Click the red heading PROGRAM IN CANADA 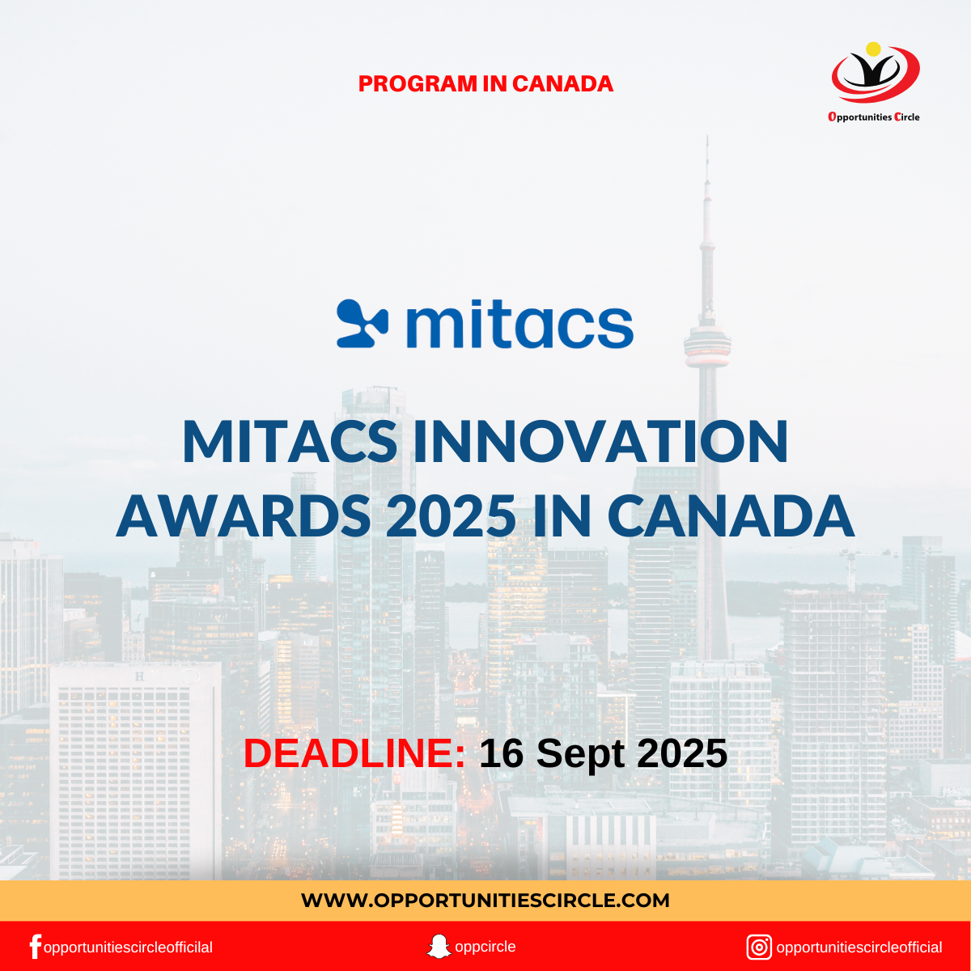click(485, 83)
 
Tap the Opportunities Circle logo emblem click(875, 74)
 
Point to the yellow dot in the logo click(873, 49)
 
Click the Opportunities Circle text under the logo click(874, 117)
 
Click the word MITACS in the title click(290, 442)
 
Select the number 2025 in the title click(452, 515)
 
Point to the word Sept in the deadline click(582, 753)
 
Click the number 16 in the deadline click(502, 753)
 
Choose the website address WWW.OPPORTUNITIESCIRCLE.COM click(485, 900)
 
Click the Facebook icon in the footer click(35, 947)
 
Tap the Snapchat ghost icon click(439, 946)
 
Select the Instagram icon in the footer click(759, 947)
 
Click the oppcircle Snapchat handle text click(485, 946)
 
